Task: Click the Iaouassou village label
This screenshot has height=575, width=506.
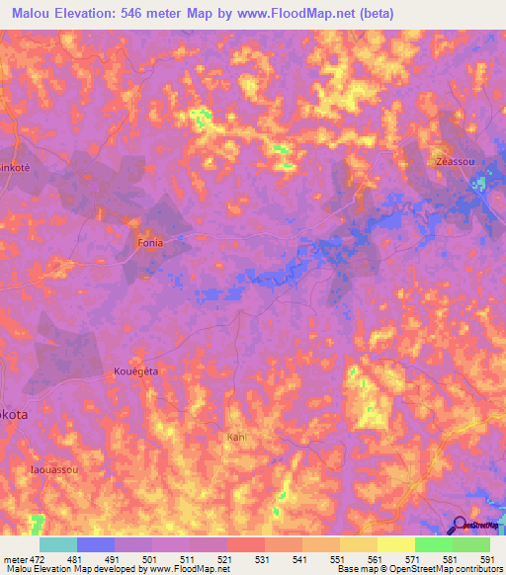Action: click(x=53, y=470)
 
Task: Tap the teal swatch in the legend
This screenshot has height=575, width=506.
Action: click(x=58, y=544)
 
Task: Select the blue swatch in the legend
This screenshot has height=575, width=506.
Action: click(x=96, y=544)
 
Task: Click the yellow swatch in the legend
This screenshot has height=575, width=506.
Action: click(x=395, y=544)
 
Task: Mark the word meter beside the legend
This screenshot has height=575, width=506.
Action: click(x=15, y=559)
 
